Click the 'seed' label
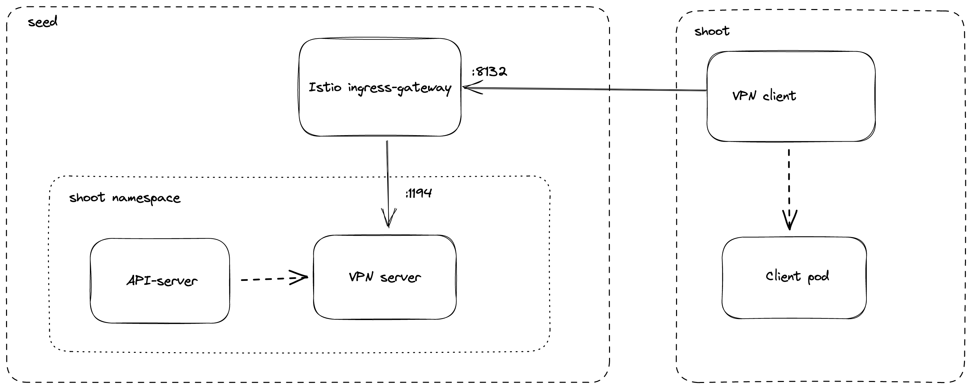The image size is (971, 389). tap(43, 22)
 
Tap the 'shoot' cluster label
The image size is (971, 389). tap(712, 31)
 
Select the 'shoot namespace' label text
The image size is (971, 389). tap(124, 198)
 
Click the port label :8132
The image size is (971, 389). tap(489, 72)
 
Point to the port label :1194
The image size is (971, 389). tap(419, 193)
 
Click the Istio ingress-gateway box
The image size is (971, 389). tap(380, 113)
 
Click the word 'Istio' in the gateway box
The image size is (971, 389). tap(325, 87)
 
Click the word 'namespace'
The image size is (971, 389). tap(146, 199)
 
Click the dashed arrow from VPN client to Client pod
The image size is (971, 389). tap(789, 181)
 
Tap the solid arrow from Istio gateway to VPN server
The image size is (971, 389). tap(387, 177)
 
